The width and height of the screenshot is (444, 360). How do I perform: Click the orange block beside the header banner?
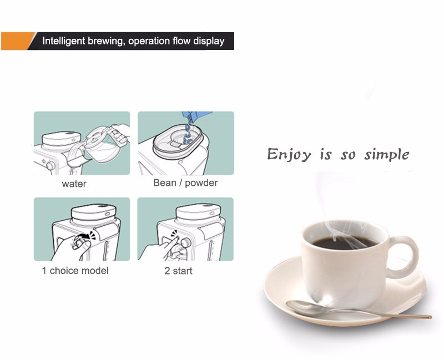[17, 41]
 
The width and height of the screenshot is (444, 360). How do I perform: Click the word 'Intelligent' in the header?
[64, 41]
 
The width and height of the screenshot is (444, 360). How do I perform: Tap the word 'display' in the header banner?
[209, 41]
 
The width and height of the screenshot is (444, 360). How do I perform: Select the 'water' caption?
[74, 184]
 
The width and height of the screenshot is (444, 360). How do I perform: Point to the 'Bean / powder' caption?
[185, 183]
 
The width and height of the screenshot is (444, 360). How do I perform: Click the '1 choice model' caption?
[75, 271]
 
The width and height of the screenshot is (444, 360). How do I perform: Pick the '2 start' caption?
[178, 271]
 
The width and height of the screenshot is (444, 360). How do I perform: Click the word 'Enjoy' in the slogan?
[289, 155]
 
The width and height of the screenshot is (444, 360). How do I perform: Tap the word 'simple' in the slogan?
[387, 155]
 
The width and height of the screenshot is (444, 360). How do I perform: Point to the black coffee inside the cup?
[345, 243]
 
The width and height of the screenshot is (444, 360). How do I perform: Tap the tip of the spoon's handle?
[431, 317]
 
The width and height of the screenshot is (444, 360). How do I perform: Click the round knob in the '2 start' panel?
[186, 242]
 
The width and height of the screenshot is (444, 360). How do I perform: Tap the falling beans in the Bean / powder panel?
[188, 131]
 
